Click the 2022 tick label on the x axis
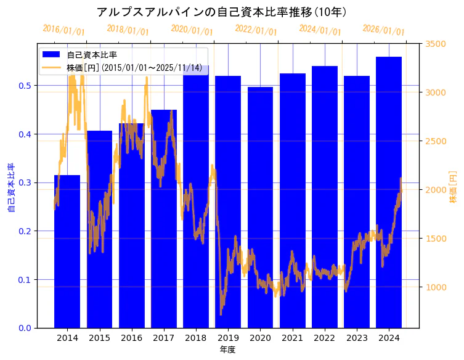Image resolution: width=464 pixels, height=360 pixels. pyautogui.click(x=324, y=338)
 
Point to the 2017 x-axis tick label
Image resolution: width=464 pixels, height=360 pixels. pyautogui.click(x=163, y=338)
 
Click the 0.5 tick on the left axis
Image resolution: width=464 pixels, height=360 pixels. pyautogui.click(x=25, y=86)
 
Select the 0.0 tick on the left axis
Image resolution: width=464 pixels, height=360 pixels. pyautogui.click(x=25, y=328)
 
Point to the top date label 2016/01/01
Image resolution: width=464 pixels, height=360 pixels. pyautogui.click(x=63, y=30)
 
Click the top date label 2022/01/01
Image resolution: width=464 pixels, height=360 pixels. pyautogui.click(x=256, y=30)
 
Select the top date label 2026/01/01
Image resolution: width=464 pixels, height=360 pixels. pyautogui.click(x=383, y=30)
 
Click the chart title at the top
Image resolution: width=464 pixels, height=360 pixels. pyautogui.click(x=222, y=12)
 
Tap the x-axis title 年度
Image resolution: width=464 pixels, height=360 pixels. pyautogui.click(x=227, y=350)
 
